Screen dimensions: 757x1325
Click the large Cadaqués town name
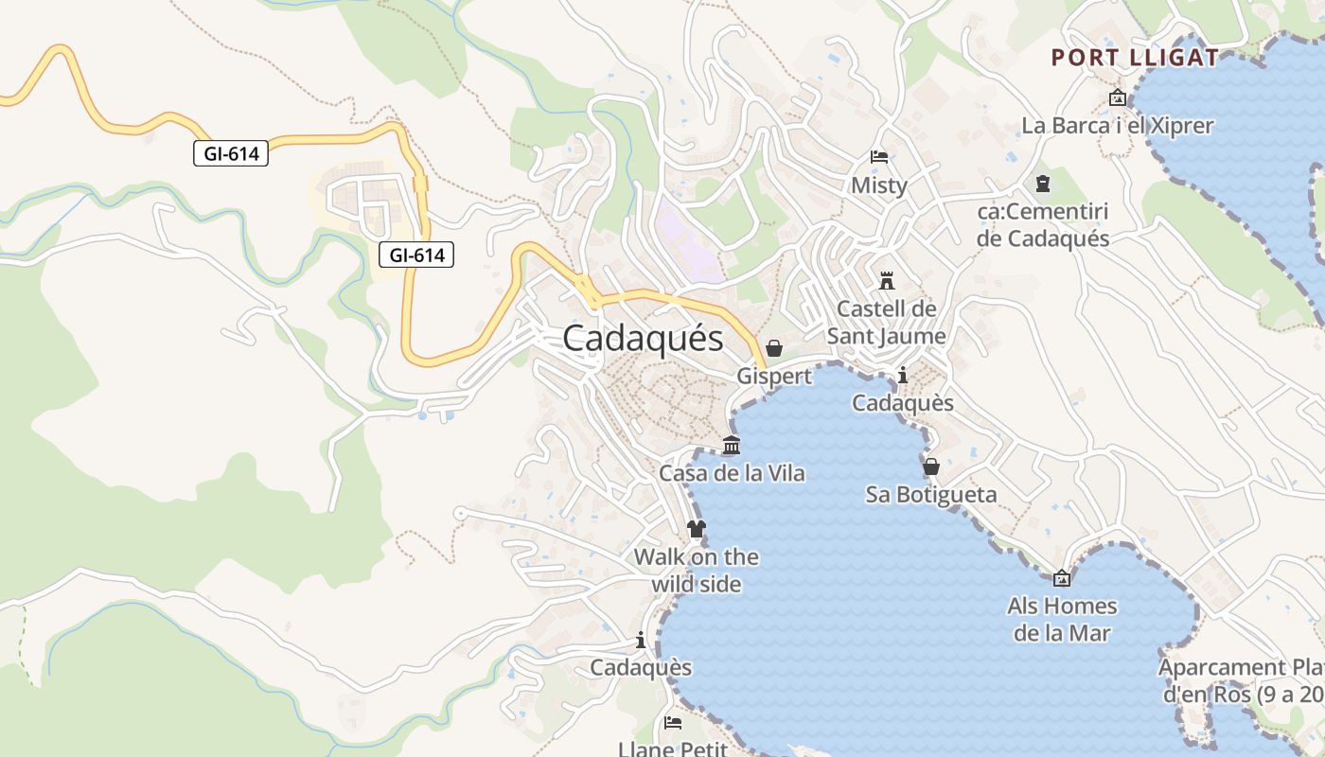[x=643, y=339]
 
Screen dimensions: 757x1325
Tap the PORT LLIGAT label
[x=1135, y=58]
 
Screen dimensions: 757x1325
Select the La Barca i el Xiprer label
[x=1117, y=126]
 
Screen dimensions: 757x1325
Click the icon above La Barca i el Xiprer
[x=1117, y=97]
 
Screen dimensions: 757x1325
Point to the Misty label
[x=878, y=185]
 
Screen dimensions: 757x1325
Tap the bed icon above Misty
[x=878, y=157]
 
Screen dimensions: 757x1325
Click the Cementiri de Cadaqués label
[x=1042, y=224]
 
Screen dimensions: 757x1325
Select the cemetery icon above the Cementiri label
[x=1042, y=184]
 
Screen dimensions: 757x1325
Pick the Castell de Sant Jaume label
[x=887, y=323]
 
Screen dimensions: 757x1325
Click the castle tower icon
[x=887, y=281]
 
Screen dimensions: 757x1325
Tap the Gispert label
[x=774, y=377]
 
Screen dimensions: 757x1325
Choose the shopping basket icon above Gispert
[x=774, y=348]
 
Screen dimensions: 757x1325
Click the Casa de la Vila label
[x=732, y=473]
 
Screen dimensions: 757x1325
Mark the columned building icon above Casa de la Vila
[x=732, y=445]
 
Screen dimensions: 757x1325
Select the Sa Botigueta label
[x=931, y=495]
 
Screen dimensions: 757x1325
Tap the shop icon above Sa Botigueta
[x=931, y=467]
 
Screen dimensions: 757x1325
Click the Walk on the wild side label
[x=697, y=571]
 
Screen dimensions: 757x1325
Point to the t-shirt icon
[x=697, y=528]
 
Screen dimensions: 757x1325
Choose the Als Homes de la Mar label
[x=1062, y=620]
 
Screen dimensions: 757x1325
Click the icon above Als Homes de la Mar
[x=1062, y=578]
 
